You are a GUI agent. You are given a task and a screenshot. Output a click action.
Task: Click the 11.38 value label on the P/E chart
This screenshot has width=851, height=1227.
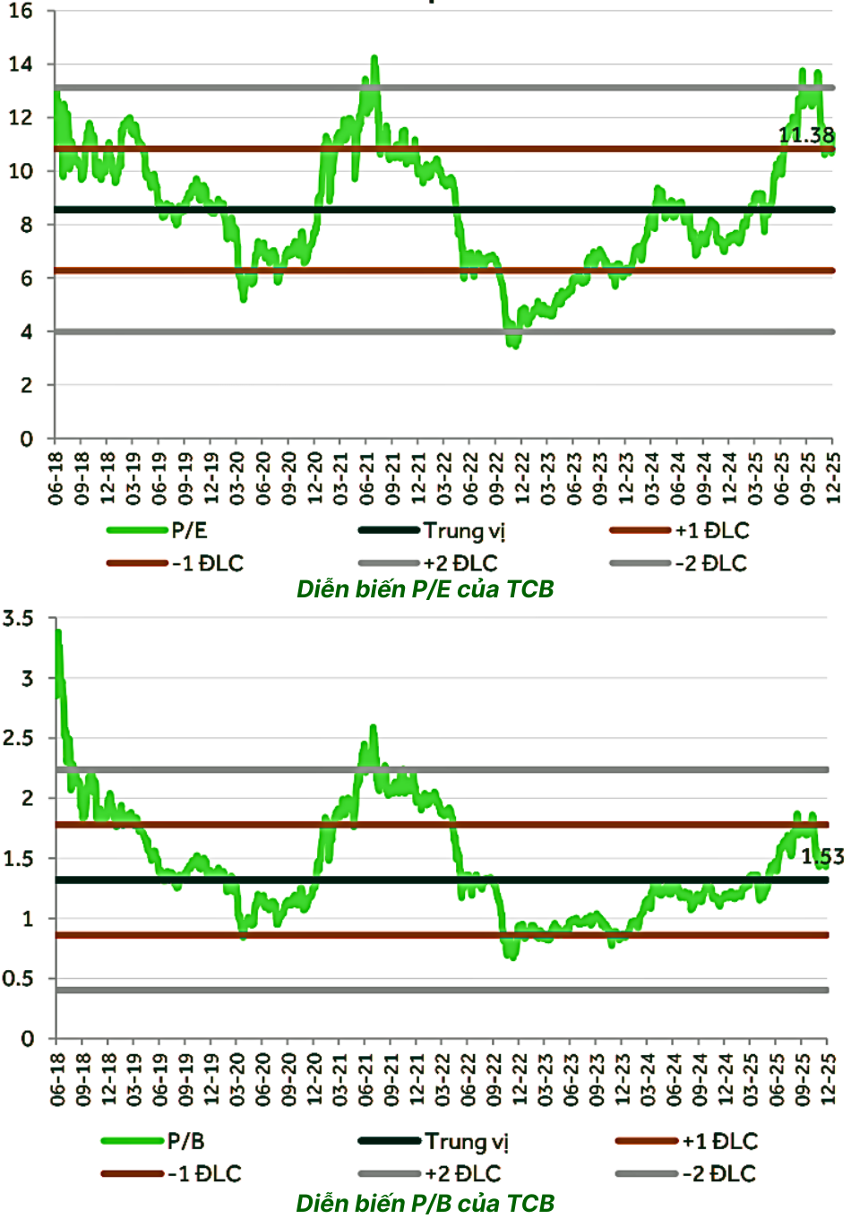click(806, 135)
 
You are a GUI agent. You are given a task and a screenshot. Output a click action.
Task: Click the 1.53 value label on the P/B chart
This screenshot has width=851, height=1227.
click(821, 857)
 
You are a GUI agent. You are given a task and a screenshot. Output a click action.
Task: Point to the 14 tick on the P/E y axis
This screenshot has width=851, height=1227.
click(21, 64)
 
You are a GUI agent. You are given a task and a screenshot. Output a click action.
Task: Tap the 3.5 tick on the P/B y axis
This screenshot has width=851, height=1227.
click(18, 618)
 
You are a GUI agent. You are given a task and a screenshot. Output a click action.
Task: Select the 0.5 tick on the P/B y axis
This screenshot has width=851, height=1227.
click(18, 979)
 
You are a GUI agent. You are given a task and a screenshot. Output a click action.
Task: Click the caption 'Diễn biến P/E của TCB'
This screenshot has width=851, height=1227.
click(425, 589)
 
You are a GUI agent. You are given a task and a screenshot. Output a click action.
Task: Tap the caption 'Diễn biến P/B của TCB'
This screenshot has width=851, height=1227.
click(425, 1203)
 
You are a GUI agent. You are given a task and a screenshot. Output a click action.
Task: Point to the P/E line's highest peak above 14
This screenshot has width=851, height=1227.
click(374, 58)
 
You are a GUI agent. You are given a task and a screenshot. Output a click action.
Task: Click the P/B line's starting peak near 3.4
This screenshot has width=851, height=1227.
click(58, 632)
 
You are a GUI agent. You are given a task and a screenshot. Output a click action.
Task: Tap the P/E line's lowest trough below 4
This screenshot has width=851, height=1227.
click(514, 345)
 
